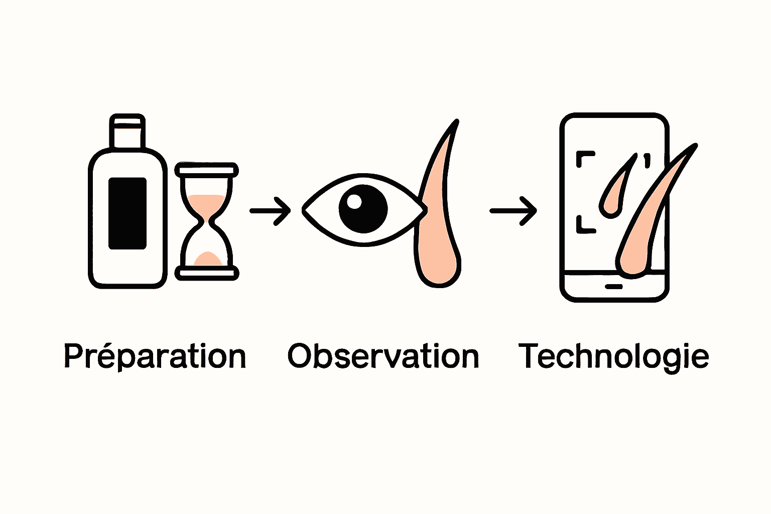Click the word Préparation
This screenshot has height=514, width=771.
tap(155, 357)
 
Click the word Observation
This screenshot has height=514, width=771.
tap(383, 356)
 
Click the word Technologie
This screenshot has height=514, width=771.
tap(613, 356)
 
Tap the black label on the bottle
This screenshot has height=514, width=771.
tap(127, 213)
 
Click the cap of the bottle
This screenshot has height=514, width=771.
tap(127, 132)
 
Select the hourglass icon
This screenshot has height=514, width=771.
tap(206, 221)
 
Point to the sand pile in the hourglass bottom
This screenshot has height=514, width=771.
tap(206, 259)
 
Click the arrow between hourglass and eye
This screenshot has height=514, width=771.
tap(270, 211)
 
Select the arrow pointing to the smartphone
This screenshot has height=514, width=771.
tap(513, 211)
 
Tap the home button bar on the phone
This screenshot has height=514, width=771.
tap(613, 287)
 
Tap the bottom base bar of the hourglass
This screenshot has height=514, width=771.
tap(206, 273)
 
